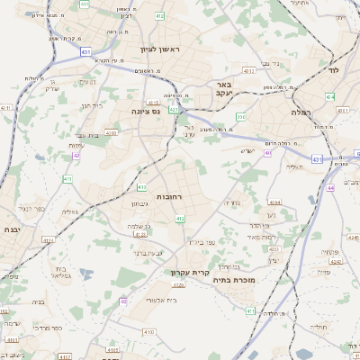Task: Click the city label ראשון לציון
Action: pyautogui.click(x=160, y=49)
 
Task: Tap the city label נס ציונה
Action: pyautogui.click(x=145, y=112)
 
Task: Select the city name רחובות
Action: pyautogui.click(x=170, y=196)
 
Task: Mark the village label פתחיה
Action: pyautogui.click(x=328, y=252)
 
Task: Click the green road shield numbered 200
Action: pyautogui.click(x=240, y=117)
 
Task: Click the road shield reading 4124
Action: pyautogui.click(x=48, y=241)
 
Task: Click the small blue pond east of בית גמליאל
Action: pyautogui.click(x=85, y=274)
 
